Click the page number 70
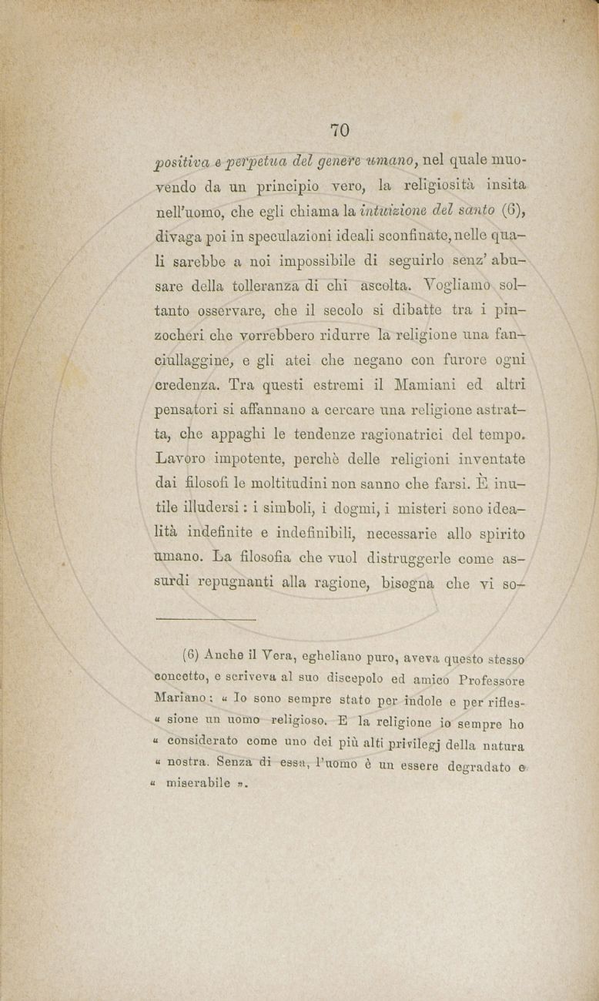pos(340,129)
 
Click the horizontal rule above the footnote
pos(205,618)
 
